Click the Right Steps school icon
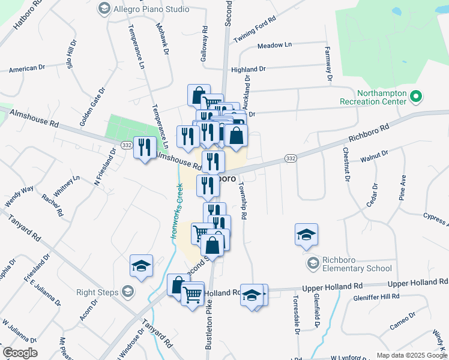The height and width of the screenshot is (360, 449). [127, 292]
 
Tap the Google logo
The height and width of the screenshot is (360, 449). [20, 353]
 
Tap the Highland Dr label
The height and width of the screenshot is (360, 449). [248, 70]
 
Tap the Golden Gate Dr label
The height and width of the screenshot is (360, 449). [93, 107]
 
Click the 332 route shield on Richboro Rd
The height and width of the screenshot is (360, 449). [291, 158]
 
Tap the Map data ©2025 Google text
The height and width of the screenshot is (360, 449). [411, 355]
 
